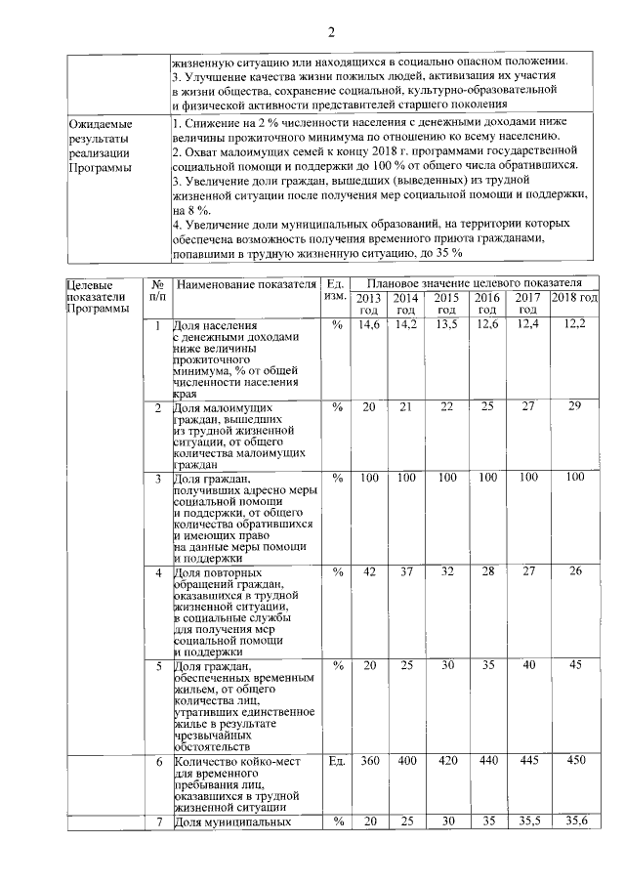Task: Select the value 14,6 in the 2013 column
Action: pyautogui.click(x=369, y=324)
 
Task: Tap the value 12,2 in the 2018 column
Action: pyautogui.click(x=574, y=324)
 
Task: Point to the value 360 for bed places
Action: pyautogui.click(x=369, y=760)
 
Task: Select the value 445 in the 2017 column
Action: pyautogui.click(x=527, y=760)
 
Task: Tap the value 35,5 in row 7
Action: pyautogui.click(x=527, y=821)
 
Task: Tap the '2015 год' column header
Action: pyautogui.click(x=446, y=303)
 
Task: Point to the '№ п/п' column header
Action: pyautogui.click(x=157, y=290)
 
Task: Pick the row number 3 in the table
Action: pyautogui.click(x=158, y=478)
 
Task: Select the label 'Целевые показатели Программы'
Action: pyautogui.click(x=96, y=296)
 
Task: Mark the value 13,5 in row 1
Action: pyautogui.click(x=446, y=324)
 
